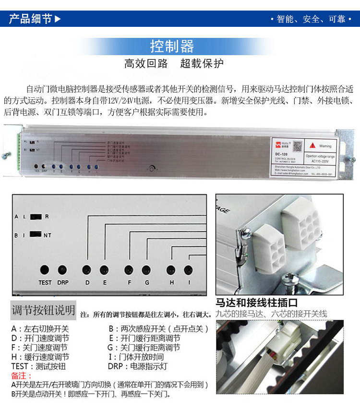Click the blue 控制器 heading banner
point(172,47)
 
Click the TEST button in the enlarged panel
point(45,269)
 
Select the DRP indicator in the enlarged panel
point(62,269)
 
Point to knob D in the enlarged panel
point(87,269)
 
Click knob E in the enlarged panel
point(104,269)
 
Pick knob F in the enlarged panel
point(129,269)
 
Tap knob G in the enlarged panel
point(146,269)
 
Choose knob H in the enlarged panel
point(171,269)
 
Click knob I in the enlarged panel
point(188,269)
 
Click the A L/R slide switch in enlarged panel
point(35,217)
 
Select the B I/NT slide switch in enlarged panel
point(35,235)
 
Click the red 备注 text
point(22,375)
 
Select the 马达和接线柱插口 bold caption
point(256,303)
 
